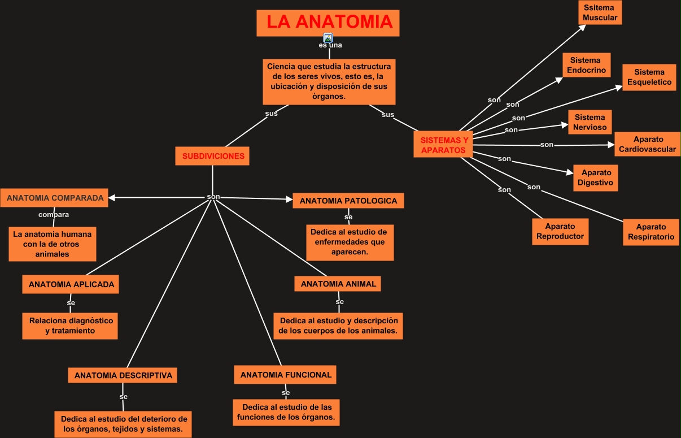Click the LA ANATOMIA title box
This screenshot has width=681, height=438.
(328, 23)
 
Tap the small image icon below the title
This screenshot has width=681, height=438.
(328, 38)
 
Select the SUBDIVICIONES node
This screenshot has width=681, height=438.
(212, 156)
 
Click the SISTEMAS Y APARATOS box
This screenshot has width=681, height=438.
(443, 144)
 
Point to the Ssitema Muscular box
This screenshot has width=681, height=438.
(600, 12)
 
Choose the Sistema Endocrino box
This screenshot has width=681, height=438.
(587, 65)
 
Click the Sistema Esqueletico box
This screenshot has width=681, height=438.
(649, 77)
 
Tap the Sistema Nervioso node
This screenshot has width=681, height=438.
(590, 122)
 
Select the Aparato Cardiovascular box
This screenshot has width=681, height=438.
(648, 144)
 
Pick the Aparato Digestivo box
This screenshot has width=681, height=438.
(596, 178)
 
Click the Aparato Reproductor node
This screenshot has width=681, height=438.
(560, 232)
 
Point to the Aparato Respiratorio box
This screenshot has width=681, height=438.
(651, 232)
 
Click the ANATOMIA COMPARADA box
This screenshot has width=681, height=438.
(54, 198)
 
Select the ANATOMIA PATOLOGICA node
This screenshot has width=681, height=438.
(348, 201)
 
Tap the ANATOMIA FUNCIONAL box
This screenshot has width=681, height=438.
(285, 375)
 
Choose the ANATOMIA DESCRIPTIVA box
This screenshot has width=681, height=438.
(123, 375)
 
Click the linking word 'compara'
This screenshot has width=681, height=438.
(54, 215)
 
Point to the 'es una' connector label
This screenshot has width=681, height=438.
(330, 45)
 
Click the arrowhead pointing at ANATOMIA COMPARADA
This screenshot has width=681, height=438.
(112, 198)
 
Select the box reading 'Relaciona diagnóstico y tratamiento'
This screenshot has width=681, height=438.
(70, 326)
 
